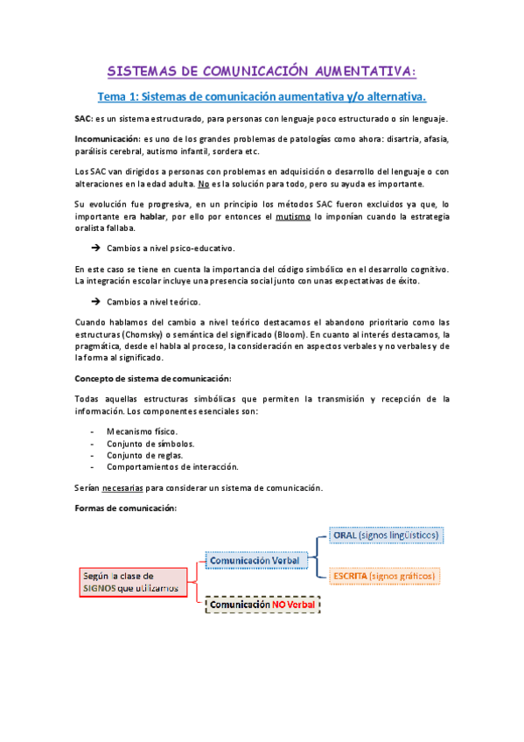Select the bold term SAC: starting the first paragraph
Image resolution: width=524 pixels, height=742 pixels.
85,119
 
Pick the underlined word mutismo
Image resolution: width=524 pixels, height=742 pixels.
295,216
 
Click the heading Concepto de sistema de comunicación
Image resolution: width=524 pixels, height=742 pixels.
153,378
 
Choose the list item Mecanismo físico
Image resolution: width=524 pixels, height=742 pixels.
142,431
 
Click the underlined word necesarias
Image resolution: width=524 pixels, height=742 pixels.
121,487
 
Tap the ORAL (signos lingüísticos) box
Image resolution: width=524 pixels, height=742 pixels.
387,535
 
